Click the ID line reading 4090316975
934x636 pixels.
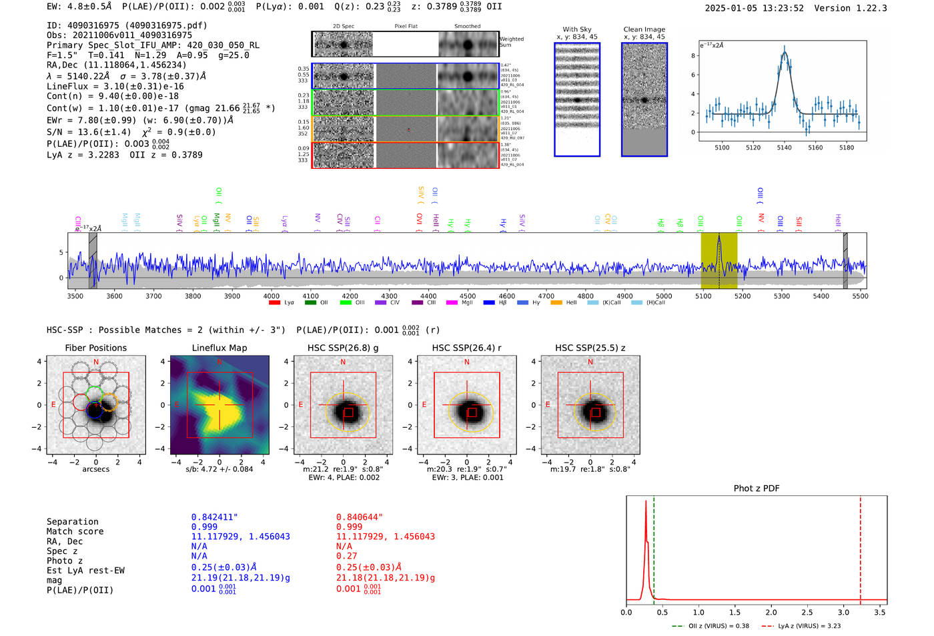pos(127,25)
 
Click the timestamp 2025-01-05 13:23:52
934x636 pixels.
pos(754,8)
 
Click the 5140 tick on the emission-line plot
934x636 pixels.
pos(784,147)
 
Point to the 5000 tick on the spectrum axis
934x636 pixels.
pos(664,296)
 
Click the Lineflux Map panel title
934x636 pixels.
pos(219,348)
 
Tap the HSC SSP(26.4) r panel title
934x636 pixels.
pos(466,348)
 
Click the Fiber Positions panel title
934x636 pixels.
pos(96,348)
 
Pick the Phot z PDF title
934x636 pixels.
pos(757,489)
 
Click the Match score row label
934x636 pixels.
pos(75,532)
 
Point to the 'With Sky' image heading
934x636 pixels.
pos(577,29)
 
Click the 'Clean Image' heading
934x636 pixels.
pos(644,29)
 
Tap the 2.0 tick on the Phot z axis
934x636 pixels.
pos(771,612)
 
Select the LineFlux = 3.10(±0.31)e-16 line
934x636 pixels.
pos(115,87)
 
